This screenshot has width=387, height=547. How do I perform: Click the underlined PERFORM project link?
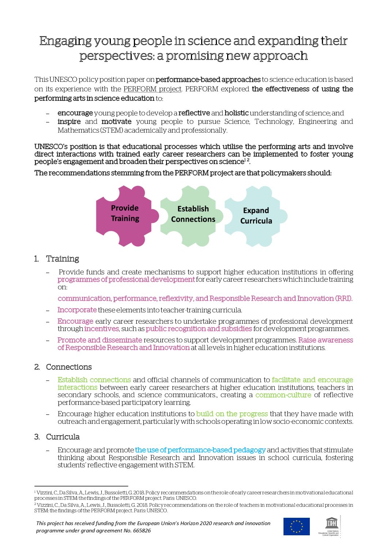(152, 89)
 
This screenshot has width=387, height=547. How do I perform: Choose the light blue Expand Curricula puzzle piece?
(256, 216)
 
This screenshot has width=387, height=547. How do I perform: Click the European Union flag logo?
(296, 527)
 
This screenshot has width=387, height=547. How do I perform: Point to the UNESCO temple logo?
(331, 524)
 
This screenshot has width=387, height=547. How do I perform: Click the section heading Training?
(63, 259)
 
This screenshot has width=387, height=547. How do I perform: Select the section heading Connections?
(69, 367)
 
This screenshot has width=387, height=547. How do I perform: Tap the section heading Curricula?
(63, 437)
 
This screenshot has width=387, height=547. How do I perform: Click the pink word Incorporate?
(77, 310)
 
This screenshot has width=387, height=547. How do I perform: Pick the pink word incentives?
(102, 329)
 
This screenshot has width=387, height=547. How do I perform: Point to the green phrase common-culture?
(283, 395)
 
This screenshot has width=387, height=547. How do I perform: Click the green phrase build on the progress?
(232, 414)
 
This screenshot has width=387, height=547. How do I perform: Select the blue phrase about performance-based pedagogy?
(200, 450)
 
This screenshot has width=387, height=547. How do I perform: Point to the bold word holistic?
(236, 113)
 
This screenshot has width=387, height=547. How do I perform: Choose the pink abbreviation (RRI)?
(343, 299)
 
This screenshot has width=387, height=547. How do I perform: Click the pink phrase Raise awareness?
(326, 340)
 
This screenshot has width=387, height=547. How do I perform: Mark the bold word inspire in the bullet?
(69, 122)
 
